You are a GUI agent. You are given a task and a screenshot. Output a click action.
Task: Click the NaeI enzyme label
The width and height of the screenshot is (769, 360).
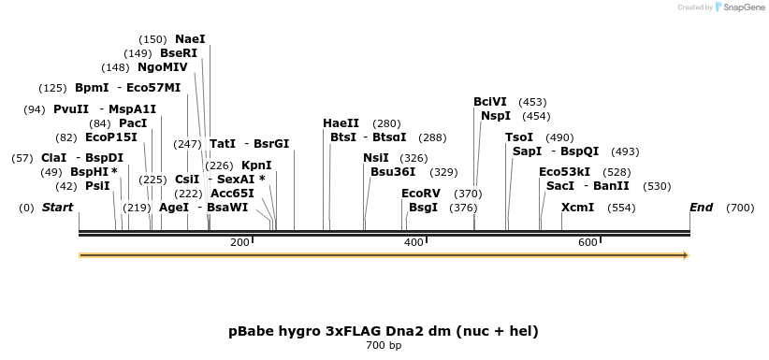190,39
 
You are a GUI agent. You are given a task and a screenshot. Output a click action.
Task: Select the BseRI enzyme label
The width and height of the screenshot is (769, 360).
179,53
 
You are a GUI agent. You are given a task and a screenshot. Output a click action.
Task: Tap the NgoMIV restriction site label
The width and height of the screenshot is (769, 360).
162,67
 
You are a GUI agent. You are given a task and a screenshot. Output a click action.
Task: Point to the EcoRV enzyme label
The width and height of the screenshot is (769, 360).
420,194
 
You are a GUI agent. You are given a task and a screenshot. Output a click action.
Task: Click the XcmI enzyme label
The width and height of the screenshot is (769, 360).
577,208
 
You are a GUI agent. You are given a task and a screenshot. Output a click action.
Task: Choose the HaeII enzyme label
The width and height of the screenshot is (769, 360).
341,123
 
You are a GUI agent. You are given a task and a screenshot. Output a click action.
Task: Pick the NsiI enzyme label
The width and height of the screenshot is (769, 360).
376,158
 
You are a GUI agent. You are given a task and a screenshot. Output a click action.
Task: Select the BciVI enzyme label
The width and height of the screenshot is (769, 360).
490,102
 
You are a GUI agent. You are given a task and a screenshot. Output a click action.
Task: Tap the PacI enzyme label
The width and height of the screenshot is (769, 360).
132,123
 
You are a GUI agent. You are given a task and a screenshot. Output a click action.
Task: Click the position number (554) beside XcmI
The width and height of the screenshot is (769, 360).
621,208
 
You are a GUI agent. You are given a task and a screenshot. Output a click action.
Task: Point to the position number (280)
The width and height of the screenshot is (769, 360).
386,123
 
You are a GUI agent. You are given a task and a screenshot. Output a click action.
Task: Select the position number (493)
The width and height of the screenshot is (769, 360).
624,151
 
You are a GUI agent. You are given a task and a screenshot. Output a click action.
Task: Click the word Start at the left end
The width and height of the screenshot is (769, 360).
57,208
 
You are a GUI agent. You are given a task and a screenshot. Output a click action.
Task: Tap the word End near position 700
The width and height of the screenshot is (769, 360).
701,208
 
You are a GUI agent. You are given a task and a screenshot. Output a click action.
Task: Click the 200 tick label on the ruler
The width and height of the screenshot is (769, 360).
239,243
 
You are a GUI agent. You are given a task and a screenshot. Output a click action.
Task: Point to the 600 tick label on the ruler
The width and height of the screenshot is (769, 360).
588,243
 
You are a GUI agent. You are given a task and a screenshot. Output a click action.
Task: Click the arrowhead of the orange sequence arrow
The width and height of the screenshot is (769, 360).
686,255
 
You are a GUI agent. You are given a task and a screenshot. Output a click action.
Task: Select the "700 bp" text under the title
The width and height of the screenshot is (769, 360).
384,346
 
